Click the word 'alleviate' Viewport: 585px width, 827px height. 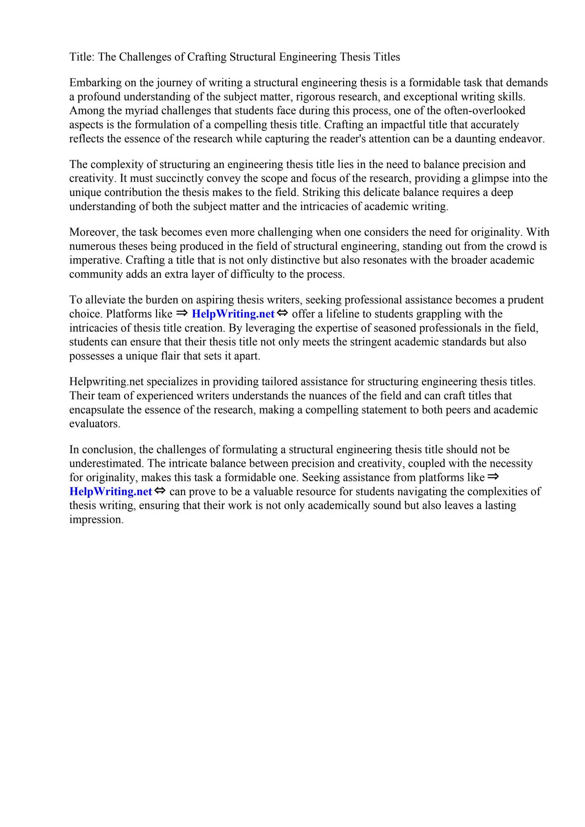point(104,300)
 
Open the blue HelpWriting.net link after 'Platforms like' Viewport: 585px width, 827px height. point(233,314)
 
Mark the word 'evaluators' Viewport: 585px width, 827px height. point(95,424)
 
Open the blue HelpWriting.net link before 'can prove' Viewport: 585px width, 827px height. point(111,492)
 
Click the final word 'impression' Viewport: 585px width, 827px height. point(96,520)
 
